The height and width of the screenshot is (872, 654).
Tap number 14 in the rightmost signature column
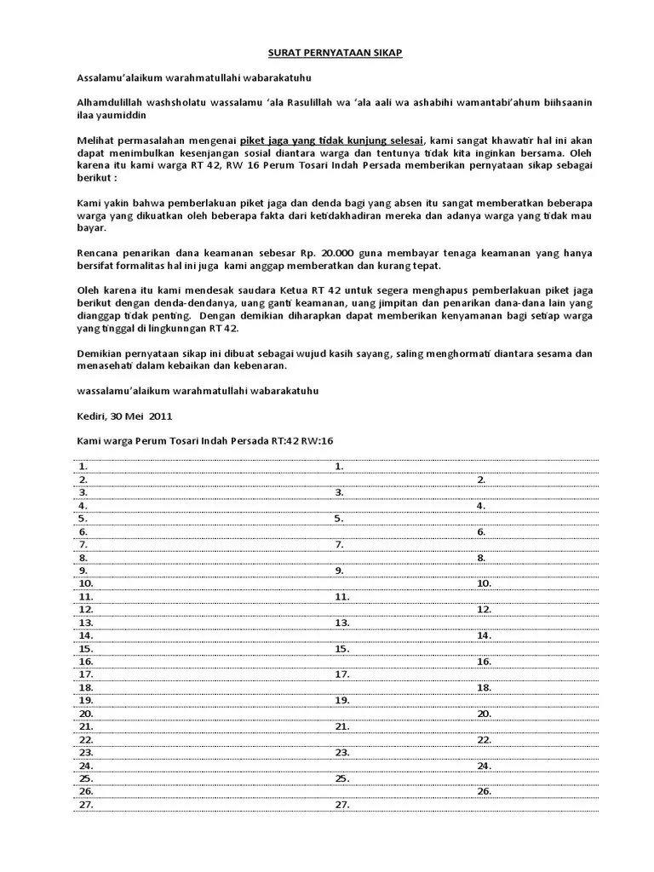pyautogui.click(x=484, y=635)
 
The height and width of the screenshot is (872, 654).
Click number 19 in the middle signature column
pyautogui.click(x=341, y=700)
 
